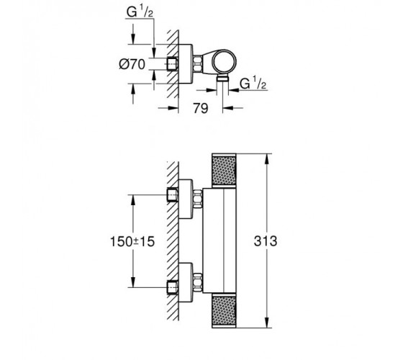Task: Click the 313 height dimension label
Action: [266, 241]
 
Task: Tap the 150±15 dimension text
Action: [132, 241]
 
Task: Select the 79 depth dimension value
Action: [201, 108]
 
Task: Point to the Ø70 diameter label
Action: [132, 64]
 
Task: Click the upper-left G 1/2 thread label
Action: [140, 12]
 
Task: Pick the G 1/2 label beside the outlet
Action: [253, 83]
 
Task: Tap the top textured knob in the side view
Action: [224, 171]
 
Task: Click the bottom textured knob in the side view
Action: [224, 310]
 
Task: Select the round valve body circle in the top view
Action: [224, 62]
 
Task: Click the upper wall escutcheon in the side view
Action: [186, 199]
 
